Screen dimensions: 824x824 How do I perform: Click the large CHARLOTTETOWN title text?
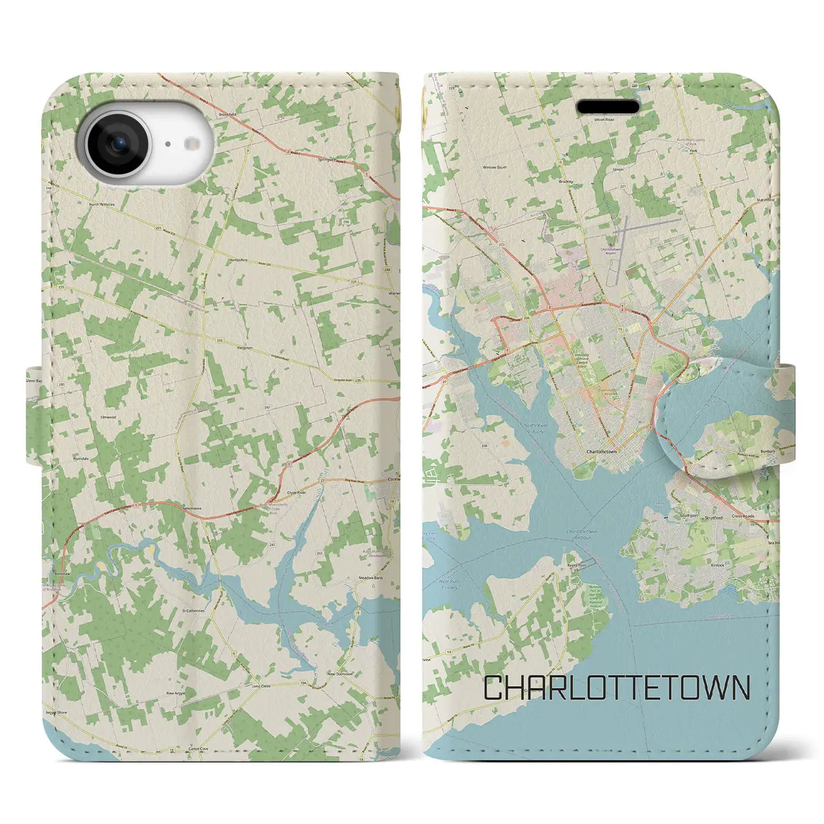(616, 688)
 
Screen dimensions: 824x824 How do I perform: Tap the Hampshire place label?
(238, 259)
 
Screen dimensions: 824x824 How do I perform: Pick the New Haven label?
(192, 509)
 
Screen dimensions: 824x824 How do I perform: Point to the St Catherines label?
(193, 610)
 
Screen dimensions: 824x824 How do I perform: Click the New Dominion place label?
(341, 674)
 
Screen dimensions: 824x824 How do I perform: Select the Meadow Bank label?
(371, 578)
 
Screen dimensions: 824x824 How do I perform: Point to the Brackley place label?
(566, 182)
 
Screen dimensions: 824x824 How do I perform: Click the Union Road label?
(604, 120)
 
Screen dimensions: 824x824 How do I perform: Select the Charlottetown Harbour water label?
(581, 533)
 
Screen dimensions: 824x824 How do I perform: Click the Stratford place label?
(713, 517)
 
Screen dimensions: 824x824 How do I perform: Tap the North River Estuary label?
(534, 428)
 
